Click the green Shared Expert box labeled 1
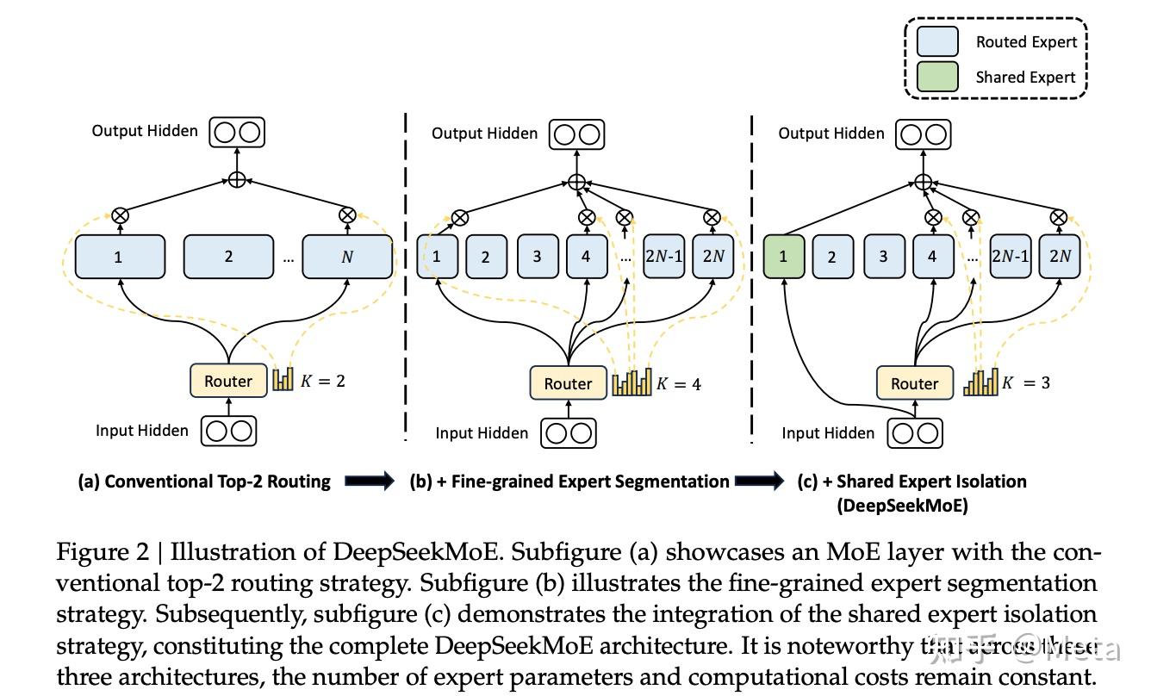click(784, 257)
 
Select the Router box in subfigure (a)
click(228, 381)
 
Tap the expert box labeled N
click(347, 257)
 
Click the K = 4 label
click(679, 384)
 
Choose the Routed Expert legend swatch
click(937, 41)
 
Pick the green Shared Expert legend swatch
click(937, 77)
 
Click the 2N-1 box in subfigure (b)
click(663, 257)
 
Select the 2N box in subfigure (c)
click(1060, 257)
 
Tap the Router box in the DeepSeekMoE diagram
click(914, 383)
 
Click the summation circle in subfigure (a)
click(237, 180)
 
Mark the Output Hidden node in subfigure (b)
click(576, 134)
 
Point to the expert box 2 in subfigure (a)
click(228, 257)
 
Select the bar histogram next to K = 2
click(283, 380)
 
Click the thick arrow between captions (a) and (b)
click(369, 482)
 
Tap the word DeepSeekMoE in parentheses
click(902, 506)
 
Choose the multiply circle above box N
click(347, 215)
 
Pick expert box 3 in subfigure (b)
click(537, 257)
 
